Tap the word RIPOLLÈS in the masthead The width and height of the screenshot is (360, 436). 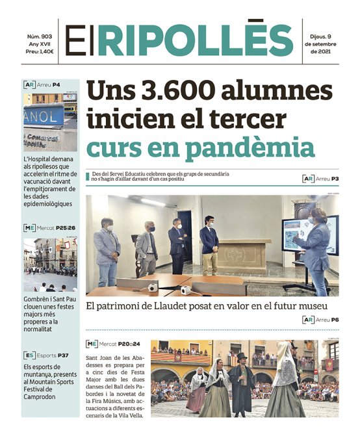coord(195,40)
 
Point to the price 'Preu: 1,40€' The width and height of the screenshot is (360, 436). coord(40,51)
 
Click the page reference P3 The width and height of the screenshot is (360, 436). coord(335,178)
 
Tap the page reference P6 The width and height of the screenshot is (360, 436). coord(335,319)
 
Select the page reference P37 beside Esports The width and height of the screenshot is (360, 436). coord(62,355)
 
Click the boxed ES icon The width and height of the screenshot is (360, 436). coord(29,355)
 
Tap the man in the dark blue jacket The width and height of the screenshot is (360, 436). coord(209,244)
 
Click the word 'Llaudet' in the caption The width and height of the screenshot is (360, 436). coord(170,305)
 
